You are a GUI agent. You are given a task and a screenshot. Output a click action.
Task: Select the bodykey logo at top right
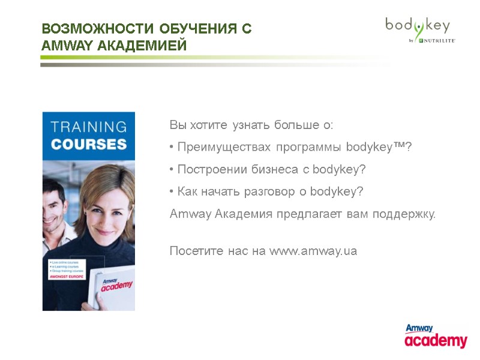pos(418,26)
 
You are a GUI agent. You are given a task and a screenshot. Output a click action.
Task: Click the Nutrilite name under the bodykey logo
pos(437,41)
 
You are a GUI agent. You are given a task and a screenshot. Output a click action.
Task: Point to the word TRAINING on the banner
pos(89,127)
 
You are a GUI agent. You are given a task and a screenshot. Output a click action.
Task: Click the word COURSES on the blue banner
pos(89,145)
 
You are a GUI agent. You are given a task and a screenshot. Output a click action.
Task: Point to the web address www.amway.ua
pos(313,251)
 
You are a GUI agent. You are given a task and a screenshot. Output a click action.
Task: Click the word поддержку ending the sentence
pos(404,214)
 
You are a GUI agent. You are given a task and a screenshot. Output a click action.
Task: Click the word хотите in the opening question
pos(208,125)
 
